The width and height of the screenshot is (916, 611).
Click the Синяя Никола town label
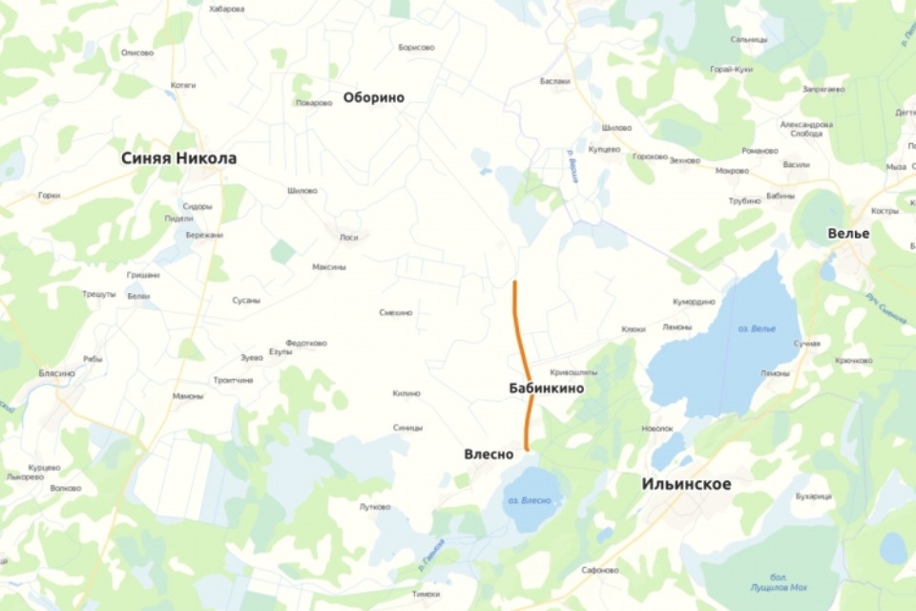(178, 158)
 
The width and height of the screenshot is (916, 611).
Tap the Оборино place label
(373, 97)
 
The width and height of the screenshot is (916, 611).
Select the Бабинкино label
(547, 390)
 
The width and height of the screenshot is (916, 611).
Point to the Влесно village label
(489, 454)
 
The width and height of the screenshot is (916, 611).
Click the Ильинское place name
(686, 485)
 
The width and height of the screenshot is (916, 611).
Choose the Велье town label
(849, 234)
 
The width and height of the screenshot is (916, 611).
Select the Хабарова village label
(226, 9)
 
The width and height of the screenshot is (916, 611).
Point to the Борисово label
(416, 47)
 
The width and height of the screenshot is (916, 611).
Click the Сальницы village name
(749, 39)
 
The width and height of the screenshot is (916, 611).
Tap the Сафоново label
(600, 570)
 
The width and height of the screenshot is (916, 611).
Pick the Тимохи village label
(426, 594)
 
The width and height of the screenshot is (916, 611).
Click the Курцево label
(44, 468)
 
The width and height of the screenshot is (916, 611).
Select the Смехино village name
(396, 312)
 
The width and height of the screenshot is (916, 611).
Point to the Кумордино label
(694, 302)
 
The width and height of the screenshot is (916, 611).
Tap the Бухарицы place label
(813, 496)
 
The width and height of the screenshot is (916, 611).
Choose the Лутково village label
(375, 507)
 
